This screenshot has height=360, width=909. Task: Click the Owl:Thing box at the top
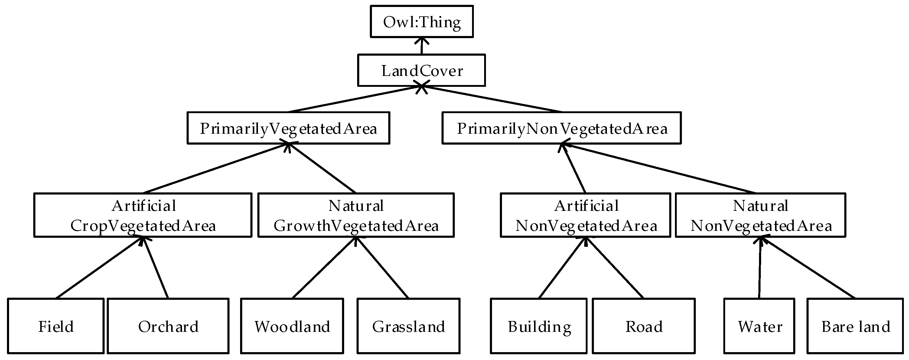422,21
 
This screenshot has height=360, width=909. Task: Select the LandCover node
422,70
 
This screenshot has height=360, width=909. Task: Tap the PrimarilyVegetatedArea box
288,128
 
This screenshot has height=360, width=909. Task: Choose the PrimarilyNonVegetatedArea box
562,128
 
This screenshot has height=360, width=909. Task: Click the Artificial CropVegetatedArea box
143,215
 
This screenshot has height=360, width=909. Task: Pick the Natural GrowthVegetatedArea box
356,215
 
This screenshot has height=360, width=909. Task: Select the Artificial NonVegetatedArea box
585,215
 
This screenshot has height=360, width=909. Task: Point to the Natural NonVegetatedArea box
761,215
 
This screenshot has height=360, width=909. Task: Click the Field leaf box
56,326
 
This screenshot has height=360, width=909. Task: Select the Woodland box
292,326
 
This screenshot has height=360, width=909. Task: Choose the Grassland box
408,326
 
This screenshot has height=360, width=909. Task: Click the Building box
539,326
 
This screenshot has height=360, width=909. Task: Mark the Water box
759,326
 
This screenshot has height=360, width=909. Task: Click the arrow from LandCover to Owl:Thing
422,47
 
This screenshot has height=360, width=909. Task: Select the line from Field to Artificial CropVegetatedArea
99,268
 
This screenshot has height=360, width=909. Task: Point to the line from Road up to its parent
615,268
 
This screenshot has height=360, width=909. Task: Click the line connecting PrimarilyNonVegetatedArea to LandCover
494,99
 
